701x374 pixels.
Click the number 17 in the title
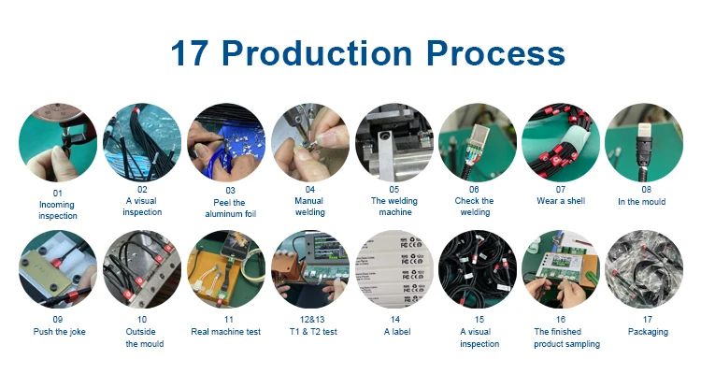click(189, 53)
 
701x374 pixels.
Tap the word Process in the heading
click(495, 53)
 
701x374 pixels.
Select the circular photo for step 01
click(58, 142)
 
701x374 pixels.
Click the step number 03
click(230, 191)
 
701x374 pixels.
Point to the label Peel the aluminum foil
click(230, 208)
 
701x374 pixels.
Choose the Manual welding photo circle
click(309, 142)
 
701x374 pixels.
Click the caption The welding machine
click(394, 207)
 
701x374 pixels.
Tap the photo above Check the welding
click(478, 142)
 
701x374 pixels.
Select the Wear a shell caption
click(561, 201)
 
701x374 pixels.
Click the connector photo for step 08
click(644, 142)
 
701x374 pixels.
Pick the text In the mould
click(641, 202)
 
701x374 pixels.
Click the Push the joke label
click(59, 332)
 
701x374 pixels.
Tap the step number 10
click(142, 320)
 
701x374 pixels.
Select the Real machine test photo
click(226, 269)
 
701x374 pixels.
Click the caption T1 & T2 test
click(313, 332)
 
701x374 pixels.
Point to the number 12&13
click(312, 320)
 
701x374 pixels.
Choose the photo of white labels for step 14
click(394, 269)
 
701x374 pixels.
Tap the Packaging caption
click(648, 332)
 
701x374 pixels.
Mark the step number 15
click(479, 320)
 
